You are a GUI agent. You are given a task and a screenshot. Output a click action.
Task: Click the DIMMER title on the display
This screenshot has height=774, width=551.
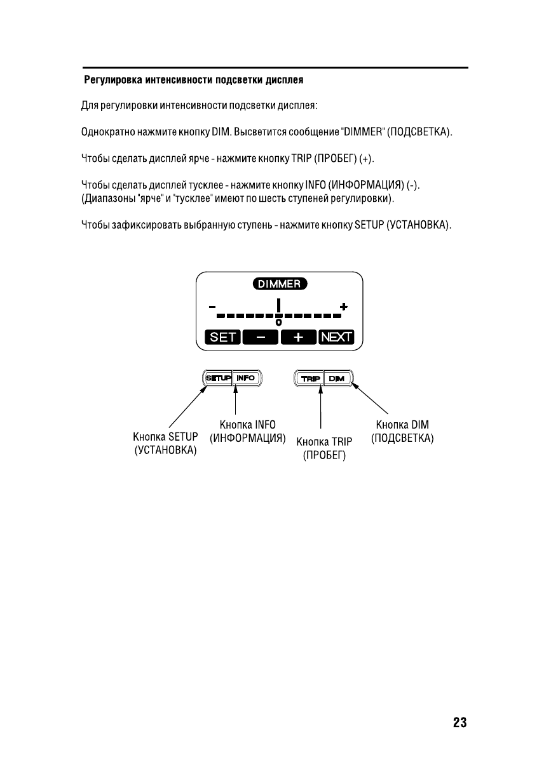tap(280, 284)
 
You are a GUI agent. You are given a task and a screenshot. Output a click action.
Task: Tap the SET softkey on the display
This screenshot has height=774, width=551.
tap(222, 337)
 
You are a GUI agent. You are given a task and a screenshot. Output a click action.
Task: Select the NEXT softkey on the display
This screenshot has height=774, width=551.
tap(336, 337)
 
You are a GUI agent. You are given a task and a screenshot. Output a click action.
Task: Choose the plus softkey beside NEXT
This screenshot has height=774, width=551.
tap(298, 337)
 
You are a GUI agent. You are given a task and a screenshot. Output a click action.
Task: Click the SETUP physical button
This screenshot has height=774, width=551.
tap(219, 378)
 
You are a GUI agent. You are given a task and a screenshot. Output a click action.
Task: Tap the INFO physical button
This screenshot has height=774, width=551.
tap(246, 378)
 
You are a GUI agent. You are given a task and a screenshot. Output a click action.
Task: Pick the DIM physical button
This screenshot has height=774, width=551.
tap(336, 378)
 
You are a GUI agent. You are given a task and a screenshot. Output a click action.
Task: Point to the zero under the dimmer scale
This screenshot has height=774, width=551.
tap(278, 323)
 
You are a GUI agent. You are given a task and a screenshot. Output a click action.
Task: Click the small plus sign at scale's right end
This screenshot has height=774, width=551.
tap(344, 307)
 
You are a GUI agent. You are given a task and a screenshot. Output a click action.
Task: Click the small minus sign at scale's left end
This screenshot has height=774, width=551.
tap(211, 307)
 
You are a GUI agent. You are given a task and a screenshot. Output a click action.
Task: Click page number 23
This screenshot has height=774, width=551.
tap(459, 723)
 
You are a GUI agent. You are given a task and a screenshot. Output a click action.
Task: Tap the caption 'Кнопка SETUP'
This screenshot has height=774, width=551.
tap(165, 437)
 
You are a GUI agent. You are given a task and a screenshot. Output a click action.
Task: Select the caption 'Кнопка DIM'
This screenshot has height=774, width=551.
tap(402, 425)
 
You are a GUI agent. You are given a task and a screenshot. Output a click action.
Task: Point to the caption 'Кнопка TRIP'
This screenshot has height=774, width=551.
tap(324, 442)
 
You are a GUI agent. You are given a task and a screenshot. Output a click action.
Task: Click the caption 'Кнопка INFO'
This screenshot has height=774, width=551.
tap(247, 425)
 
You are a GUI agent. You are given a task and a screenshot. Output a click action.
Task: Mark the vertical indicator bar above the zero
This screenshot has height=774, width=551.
tap(278, 306)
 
